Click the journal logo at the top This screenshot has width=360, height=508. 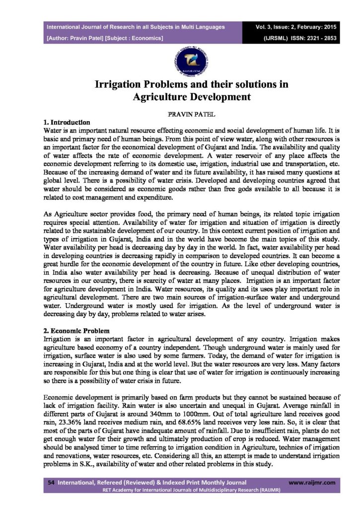(x=180, y=62)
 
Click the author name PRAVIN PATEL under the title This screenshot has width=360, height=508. (x=180, y=114)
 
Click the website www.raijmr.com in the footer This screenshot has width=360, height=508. (x=311, y=482)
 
